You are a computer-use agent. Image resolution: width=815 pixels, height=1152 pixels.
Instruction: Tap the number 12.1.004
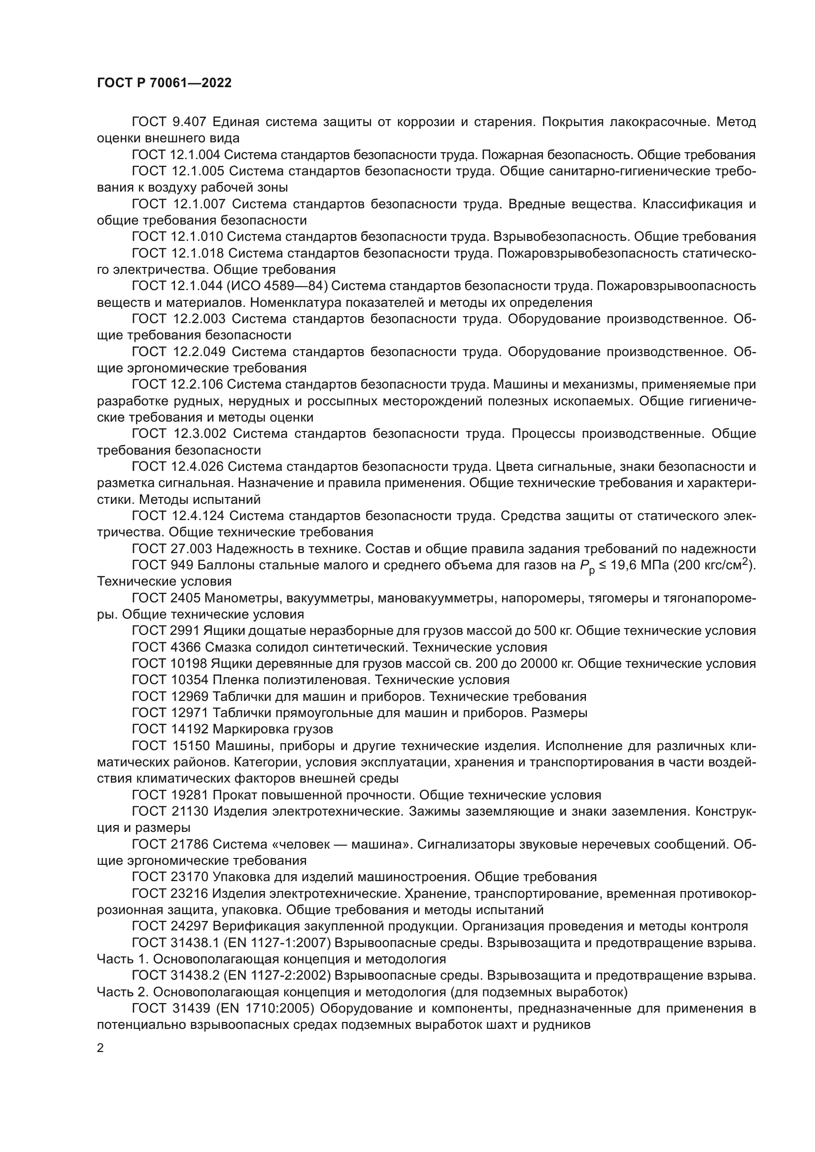197,155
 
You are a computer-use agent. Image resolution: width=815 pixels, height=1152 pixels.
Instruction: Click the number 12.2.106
197,384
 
